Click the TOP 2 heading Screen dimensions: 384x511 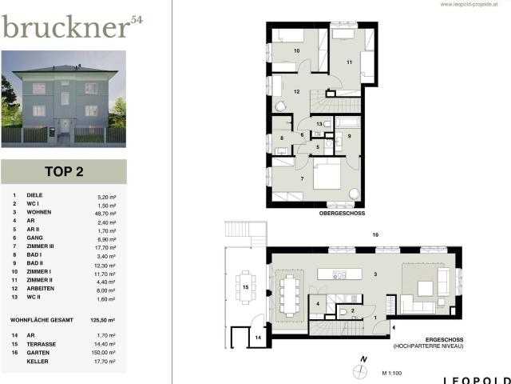pyautogui.click(x=63, y=171)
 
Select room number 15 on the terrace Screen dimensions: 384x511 pyautogui.click(x=246, y=286)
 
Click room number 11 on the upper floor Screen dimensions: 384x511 pyautogui.click(x=349, y=62)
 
